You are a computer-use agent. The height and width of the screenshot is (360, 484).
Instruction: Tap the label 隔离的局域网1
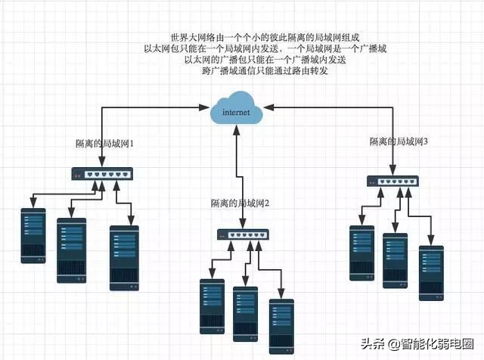(x=105, y=142)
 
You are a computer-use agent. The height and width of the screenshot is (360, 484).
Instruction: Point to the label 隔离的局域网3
(x=399, y=141)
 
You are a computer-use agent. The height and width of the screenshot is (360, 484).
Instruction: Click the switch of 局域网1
(x=102, y=174)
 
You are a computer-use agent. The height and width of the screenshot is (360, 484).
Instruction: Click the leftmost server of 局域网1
(x=33, y=235)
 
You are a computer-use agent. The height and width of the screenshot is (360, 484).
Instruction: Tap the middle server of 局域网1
(x=72, y=250)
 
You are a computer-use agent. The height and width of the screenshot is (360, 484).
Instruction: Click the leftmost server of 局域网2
(x=212, y=307)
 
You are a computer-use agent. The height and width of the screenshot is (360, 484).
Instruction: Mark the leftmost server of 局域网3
(x=362, y=252)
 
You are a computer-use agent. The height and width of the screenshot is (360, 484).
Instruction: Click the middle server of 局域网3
(x=396, y=259)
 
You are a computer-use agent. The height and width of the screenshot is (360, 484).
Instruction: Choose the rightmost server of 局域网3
(x=432, y=273)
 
